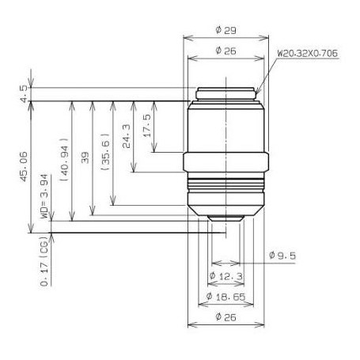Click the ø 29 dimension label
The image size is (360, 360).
pyautogui.click(x=226, y=31)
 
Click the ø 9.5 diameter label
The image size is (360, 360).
pyautogui.click(x=282, y=256)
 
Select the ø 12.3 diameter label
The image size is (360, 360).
pyautogui.click(x=225, y=275)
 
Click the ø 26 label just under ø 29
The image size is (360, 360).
pyautogui.click(x=226, y=51)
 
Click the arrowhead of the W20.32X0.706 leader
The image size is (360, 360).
pyautogui.click(x=257, y=91)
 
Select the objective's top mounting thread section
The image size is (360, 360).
pyautogui.click(x=225, y=93)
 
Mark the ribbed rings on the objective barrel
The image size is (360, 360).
pyautogui.click(x=225, y=191)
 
